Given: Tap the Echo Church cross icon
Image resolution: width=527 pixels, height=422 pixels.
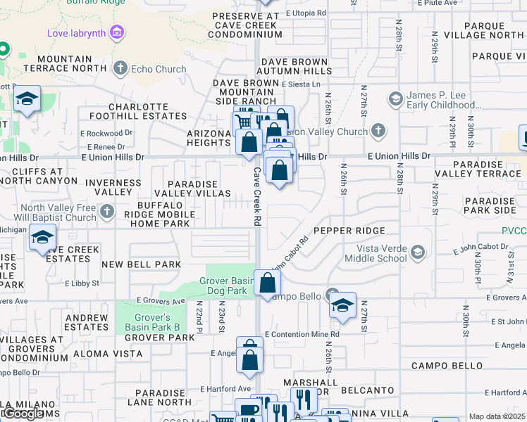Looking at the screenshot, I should click(120, 68).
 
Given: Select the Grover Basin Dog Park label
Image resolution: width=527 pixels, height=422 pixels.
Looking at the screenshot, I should click(226, 285).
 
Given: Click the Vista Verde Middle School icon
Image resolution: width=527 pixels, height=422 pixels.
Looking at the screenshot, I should click(418, 252).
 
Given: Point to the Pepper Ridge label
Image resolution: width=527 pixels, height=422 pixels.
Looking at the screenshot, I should click(349, 231).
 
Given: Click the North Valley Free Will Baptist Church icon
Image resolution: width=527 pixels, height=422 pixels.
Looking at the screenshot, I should click(107, 212).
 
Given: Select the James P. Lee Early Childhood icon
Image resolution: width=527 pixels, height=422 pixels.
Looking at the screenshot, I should click(395, 98).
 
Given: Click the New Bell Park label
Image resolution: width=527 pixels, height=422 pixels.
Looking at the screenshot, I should click(141, 264).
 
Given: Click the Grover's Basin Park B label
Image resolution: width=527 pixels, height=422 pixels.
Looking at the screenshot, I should click(157, 322).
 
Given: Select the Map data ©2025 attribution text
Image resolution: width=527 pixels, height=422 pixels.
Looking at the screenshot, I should click(497, 416).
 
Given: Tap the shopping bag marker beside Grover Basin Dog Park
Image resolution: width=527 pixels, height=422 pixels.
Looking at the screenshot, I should click(268, 283).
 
